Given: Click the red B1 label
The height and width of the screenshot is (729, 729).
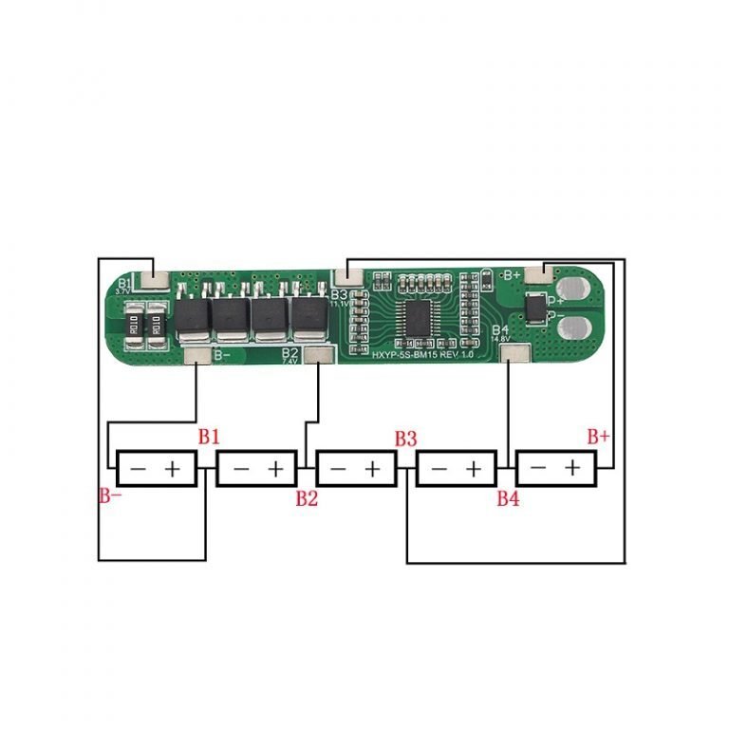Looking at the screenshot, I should pyautogui.click(x=209, y=437).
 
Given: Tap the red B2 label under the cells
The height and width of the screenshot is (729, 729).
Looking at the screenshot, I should pyautogui.click(x=306, y=499).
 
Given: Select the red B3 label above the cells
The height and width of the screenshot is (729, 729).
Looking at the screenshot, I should pyautogui.click(x=406, y=439).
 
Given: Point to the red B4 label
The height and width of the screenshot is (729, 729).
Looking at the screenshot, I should pyautogui.click(x=509, y=499).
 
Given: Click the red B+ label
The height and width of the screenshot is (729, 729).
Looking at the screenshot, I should pyautogui.click(x=598, y=437).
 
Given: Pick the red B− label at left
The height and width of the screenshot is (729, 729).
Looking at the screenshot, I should pyautogui.click(x=110, y=495).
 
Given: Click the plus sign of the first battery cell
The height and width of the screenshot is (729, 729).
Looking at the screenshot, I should pyautogui.click(x=174, y=469).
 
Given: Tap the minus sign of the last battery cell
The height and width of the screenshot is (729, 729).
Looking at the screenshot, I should pyautogui.click(x=538, y=469).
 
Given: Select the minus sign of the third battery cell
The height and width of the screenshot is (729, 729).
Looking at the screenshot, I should pyautogui.click(x=338, y=469).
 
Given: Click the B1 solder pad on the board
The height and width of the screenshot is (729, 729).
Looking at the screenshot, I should pyautogui.click(x=152, y=280).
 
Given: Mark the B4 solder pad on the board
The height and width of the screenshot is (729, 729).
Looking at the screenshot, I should pyautogui.click(x=514, y=354).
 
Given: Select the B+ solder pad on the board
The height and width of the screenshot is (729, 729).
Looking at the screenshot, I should pyautogui.click(x=539, y=274).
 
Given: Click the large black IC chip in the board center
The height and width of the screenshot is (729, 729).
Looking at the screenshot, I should pyautogui.click(x=417, y=316).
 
